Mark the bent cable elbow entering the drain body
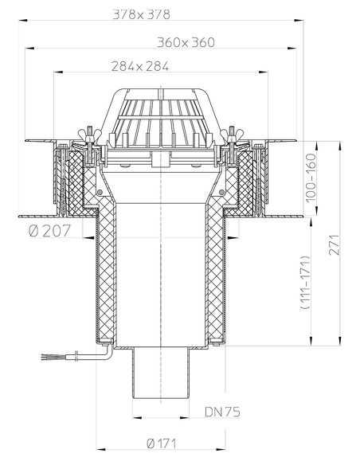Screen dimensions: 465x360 tap(104, 348)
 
